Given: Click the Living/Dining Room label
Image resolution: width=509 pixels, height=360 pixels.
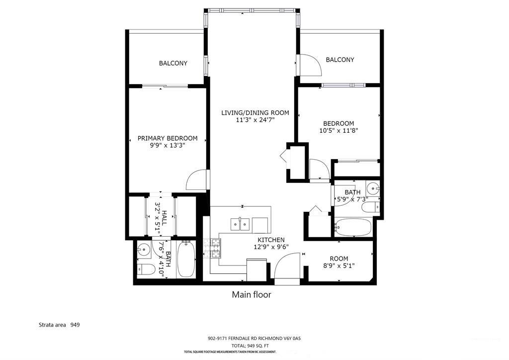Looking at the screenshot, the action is [x=255, y=113].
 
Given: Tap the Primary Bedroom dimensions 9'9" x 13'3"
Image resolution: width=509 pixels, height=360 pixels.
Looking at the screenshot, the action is [x=168, y=145].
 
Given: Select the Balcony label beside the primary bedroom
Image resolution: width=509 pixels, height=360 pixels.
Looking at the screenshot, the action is [x=173, y=63].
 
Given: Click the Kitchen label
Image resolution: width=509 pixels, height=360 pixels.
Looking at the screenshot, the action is [x=271, y=240].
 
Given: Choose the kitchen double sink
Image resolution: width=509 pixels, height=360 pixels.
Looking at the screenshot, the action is [x=240, y=224].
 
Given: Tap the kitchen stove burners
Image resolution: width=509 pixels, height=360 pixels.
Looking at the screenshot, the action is [x=212, y=248].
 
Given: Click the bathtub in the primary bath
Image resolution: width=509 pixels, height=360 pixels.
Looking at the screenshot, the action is [x=186, y=259].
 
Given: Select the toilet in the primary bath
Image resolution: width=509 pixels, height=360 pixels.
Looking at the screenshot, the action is [x=146, y=269].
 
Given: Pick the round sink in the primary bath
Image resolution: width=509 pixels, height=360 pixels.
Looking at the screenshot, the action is [x=143, y=250].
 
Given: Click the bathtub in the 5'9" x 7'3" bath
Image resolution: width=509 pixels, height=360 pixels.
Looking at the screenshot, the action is [x=353, y=227].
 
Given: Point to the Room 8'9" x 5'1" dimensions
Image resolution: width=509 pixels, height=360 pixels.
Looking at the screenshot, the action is [x=339, y=266].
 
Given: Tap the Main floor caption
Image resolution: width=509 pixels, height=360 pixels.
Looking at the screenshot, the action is [x=252, y=295].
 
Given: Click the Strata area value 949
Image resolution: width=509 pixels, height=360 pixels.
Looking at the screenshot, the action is [x=75, y=325].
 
